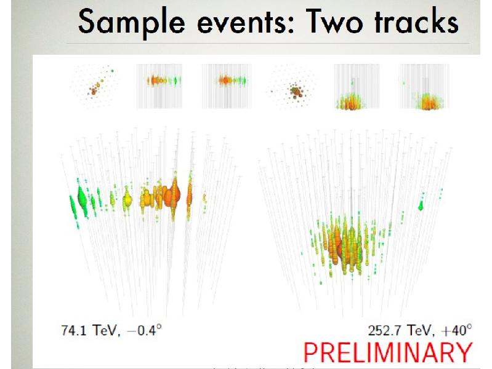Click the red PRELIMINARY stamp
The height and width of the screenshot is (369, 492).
coord(387,352)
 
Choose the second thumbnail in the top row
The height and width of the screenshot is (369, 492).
coord(159,86)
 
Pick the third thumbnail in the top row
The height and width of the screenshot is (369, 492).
coord(224,86)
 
